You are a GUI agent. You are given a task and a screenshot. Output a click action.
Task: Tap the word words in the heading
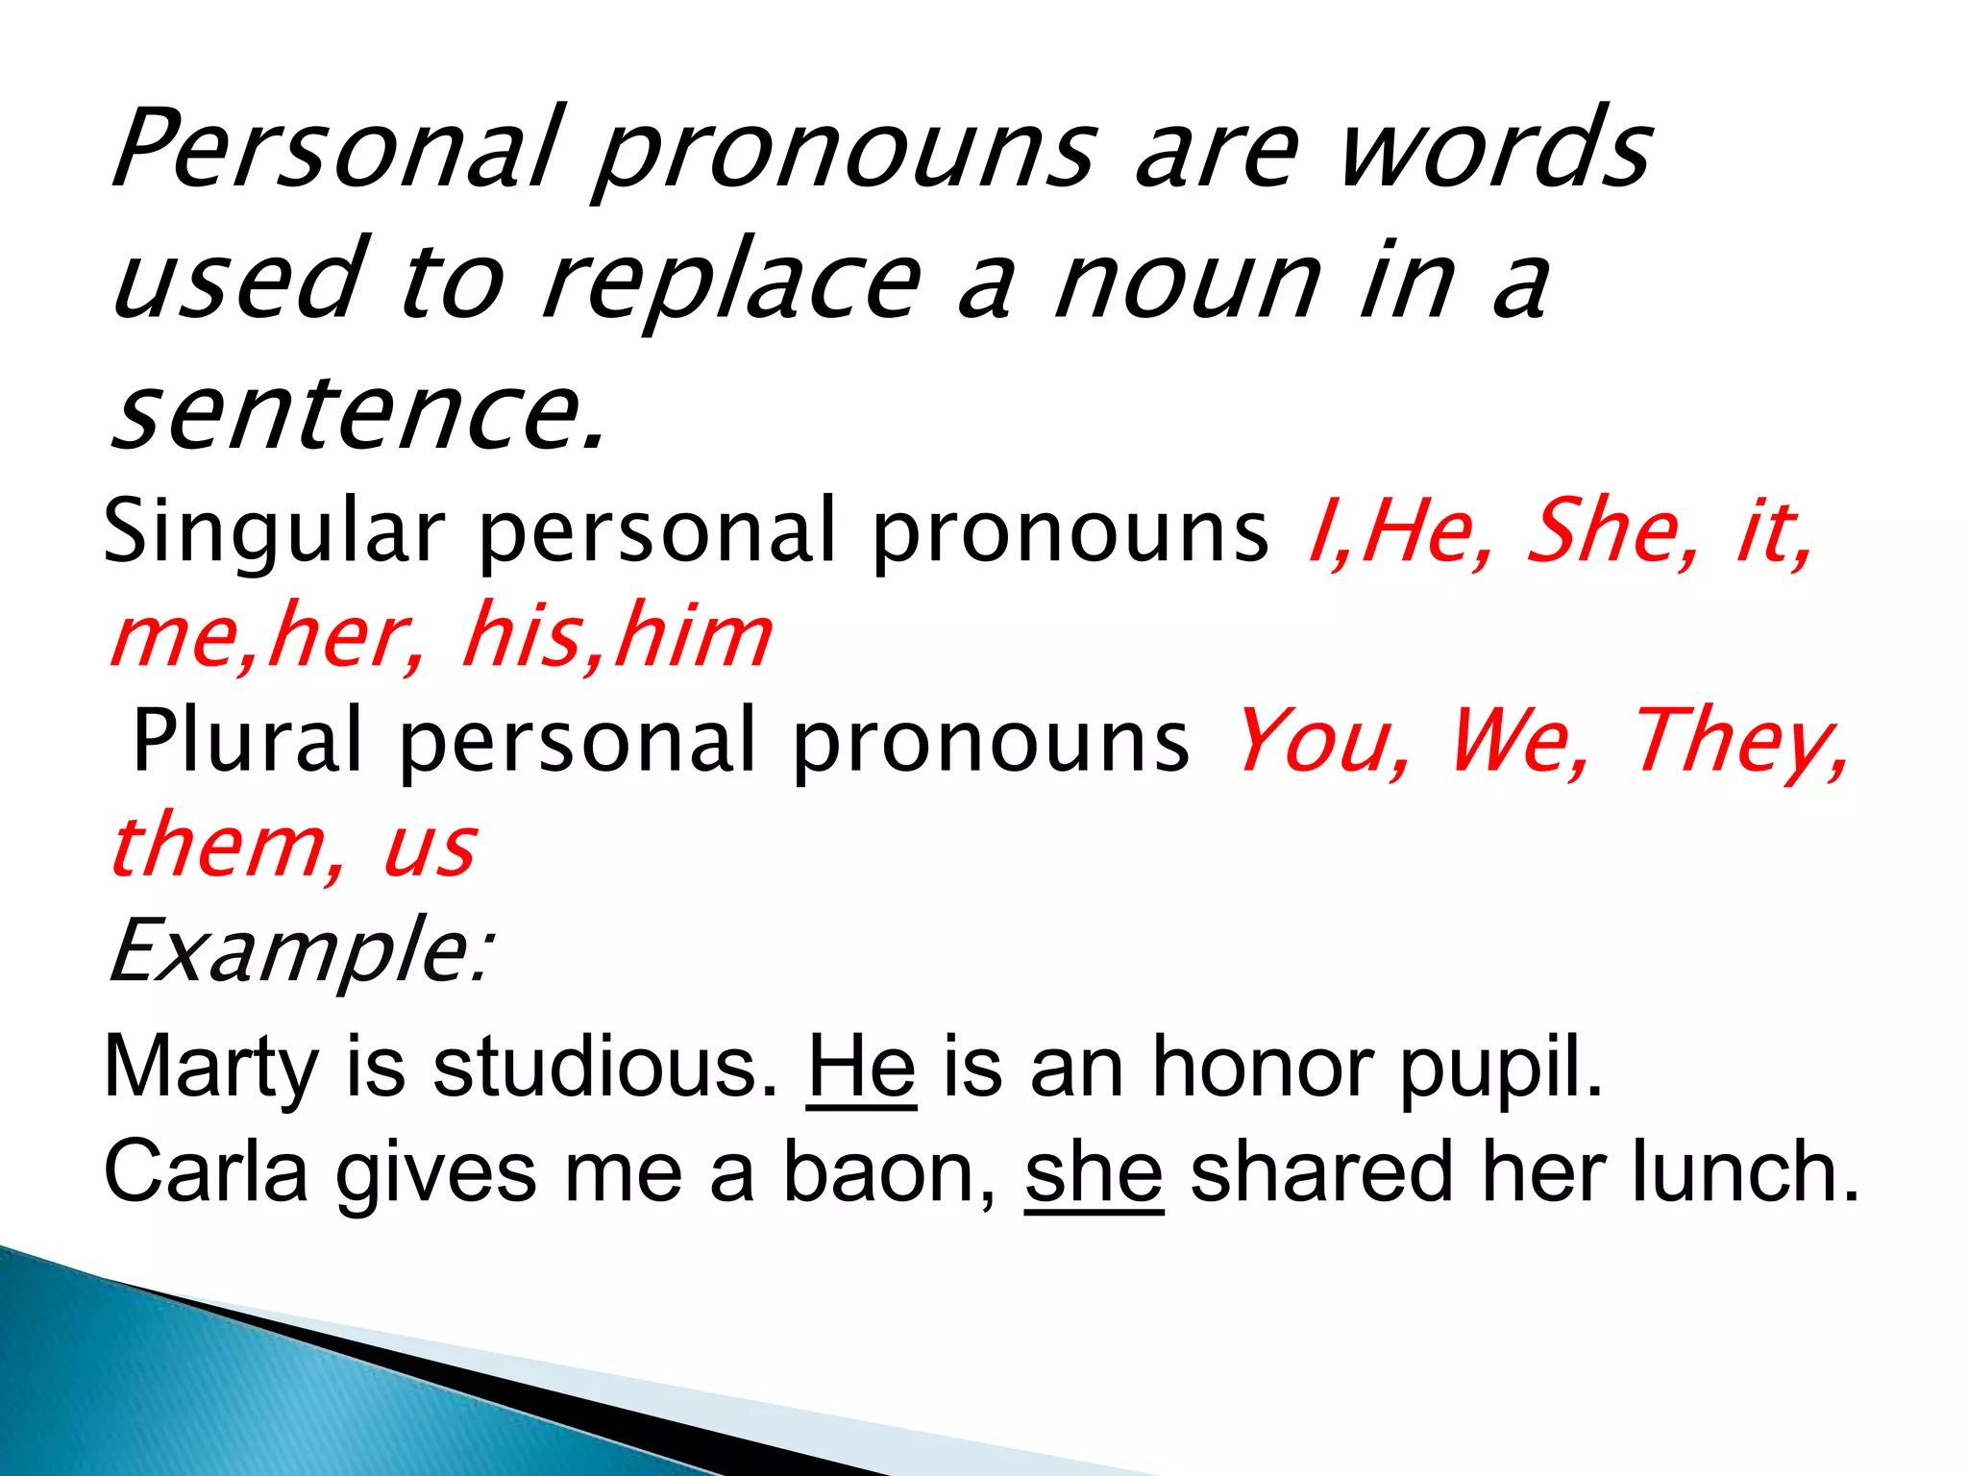click(x=1495, y=149)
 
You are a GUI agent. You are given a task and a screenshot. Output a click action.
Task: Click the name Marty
click(x=211, y=1067)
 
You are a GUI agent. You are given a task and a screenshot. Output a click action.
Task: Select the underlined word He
click(x=861, y=1067)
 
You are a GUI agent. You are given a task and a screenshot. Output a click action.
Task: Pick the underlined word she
click(x=1094, y=1172)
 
